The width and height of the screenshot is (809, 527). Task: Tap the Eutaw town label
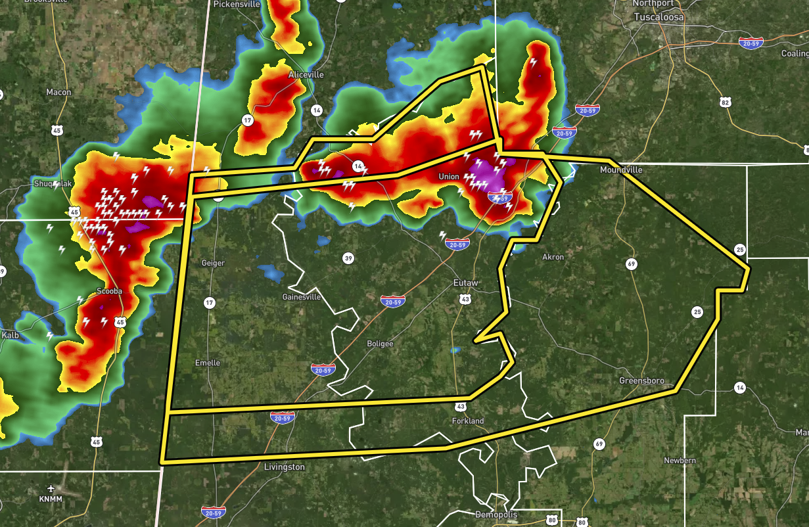click(466, 283)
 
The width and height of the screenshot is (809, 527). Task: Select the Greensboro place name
click(641, 381)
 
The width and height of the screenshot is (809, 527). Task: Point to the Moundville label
click(621, 170)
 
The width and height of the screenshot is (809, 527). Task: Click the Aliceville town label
click(306, 75)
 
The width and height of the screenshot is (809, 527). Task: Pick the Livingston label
click(285, 467)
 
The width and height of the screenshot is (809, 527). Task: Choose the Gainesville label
click(302, 296)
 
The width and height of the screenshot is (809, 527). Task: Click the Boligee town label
click(381, 344)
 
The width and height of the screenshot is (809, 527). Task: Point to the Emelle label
click(208, 363)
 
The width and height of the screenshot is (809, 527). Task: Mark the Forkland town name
click(468, 421)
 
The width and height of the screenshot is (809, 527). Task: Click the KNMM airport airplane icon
click(51, 489)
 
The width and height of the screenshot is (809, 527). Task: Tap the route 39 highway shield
click(348, 258)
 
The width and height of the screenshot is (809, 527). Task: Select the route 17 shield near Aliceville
click(247, 120)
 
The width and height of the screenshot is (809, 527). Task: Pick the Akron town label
click(553, 257)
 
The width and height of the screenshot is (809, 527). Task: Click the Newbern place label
click(680, 461)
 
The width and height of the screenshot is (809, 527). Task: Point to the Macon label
click(58, 93)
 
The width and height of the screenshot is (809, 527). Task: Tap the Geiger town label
click(214, 263)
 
